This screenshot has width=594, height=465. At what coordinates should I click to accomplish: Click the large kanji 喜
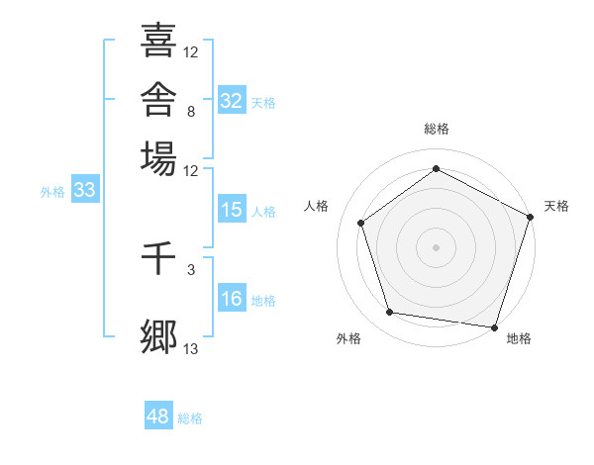tap(158, 41)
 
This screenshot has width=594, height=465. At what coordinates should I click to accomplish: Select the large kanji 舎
tap(158, 99)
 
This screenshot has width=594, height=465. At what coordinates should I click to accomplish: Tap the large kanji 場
tap(158, 158)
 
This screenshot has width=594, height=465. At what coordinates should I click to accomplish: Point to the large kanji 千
tap(158, 258)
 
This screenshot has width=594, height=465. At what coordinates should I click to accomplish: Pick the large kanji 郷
tap(158, 336)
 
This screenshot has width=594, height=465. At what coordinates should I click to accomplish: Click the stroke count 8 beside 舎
tap(191, 112)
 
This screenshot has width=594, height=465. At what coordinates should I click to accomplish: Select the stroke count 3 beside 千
tap(191, 270)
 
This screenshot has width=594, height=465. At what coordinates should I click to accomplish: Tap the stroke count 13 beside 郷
tap(190, 349)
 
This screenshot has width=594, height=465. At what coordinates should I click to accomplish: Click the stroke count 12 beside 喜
tap(190, 52)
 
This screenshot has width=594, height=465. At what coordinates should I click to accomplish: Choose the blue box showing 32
tap(232, 100)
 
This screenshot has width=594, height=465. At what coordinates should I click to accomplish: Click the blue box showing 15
tap(232, 209)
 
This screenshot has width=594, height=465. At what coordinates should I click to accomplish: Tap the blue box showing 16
tap(232, 297)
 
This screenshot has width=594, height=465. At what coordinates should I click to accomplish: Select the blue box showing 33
tap(85, 189)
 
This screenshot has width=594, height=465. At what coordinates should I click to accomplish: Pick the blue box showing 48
tap(158, 415)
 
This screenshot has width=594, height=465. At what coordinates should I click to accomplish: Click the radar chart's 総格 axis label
tap(437, 129)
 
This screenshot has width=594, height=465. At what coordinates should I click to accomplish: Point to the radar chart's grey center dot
tap(436, 247)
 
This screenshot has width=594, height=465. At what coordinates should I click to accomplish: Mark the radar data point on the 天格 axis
tap(531, 217)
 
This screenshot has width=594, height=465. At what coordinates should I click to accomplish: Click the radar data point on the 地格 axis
tap(494, 327)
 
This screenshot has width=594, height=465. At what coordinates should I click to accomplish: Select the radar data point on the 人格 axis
tap(361, 223)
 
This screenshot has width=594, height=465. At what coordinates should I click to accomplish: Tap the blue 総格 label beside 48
tap(190, 418)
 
